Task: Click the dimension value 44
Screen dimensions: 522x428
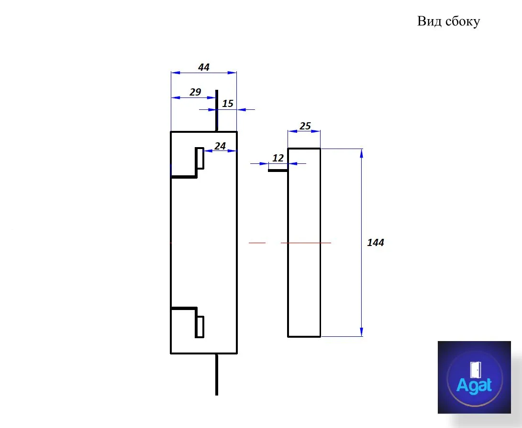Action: pyautogui.click(x=204, y=67)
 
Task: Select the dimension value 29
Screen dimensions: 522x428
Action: pyautogui.click(x=195, y=92)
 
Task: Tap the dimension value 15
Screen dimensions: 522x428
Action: pyautogui.click(x=228, y=103)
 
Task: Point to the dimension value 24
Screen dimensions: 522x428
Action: pyautogui.click(x=220, y=146)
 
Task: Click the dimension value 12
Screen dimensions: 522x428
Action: pyautogui.click(x=278, y=158)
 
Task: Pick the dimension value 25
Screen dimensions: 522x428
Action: pyautogui.click(x=305, y=126)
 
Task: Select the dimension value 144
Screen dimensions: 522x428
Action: pyautogui.click(x=376, y=243)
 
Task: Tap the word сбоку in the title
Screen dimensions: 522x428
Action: pyautogui.click(x=463, y=21)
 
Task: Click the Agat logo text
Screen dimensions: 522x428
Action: pyautogui.click(x=474, y=385)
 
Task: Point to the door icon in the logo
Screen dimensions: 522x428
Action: pyautogui.click(x=475, y=370)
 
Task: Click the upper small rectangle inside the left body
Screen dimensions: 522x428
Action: pyautogui.click(x=200, y=159)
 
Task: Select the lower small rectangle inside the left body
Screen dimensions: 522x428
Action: pyautogui.click(x=200, y=327)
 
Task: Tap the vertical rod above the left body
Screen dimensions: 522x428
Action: pyautogui.click(x=217, y=111)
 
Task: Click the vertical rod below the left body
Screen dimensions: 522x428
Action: pyautogui.click(x=217, y=374)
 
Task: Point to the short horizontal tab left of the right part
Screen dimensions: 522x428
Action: pyautogui.click(x=278, y=171)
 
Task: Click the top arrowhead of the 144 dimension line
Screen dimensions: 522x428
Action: pyautogui.click(x=362, y=153)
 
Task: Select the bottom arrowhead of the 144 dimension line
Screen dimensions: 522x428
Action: pyautogui.click(x=362, y=332)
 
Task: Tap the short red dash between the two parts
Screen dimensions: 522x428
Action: pyautogui.click(x=257, y=243)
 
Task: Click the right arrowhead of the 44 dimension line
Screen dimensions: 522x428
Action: pyautogui.click(x=232, y=73)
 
